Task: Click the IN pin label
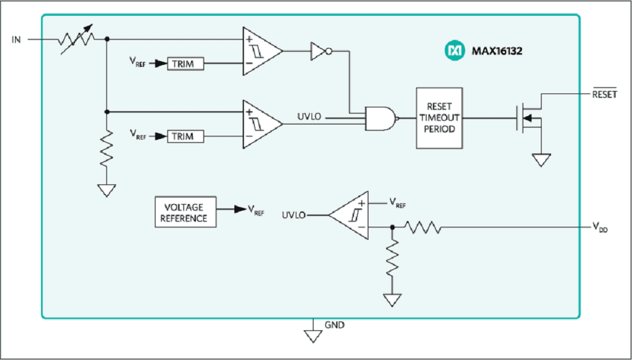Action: (16, 40)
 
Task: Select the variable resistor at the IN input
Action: (76, 39)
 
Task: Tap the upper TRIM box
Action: (185, 64)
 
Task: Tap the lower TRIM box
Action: (185, 136)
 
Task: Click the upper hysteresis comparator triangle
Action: (260, 51)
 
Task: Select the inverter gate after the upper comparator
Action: (319, 51)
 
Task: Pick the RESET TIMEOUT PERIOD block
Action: (439, 118)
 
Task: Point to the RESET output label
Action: (604, 95)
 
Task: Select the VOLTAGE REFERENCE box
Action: (185, 213)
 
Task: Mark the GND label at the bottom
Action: (334, 325)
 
